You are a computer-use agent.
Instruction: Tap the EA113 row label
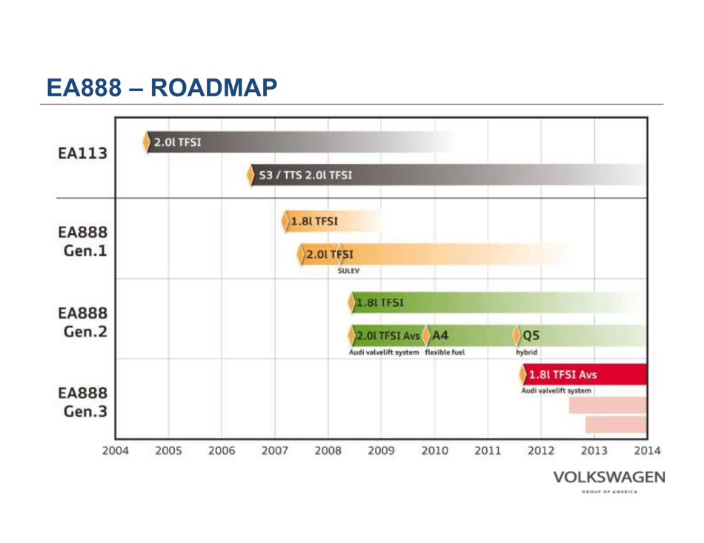pyautogui.click(x=82, y=154)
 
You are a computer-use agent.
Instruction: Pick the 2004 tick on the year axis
pyautogui.click(x=115, y=450)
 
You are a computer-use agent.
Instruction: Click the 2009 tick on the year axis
pyautogui.click(x=381, y=450)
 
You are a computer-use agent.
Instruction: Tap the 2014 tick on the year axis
pyautogui.click(x=647, y=450)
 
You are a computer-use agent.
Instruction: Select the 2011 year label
pyautogui.click(x=488, y=450)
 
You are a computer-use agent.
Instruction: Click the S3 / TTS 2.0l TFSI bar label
pyautogui.click(x=305, y=176)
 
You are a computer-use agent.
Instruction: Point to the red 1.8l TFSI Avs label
pyautogui.click(x=562, y=374)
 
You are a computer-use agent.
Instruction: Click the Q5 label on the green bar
pyautogui.click(x=531, y=336)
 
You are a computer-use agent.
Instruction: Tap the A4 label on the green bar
pyautogui.click(x=440, y=336)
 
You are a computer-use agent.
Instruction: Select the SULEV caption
pyautogui.click(x=348, y=271)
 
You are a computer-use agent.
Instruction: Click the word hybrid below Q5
pyautogui.click(x=527, y=353)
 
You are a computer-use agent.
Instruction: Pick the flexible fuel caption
pyautogui.click(x=445, y=353)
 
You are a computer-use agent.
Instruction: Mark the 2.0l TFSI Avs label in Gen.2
pyautogui.click(x=388, y=336)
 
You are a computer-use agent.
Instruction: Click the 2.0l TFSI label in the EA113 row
pyautogui.click(x=177, y=142)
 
